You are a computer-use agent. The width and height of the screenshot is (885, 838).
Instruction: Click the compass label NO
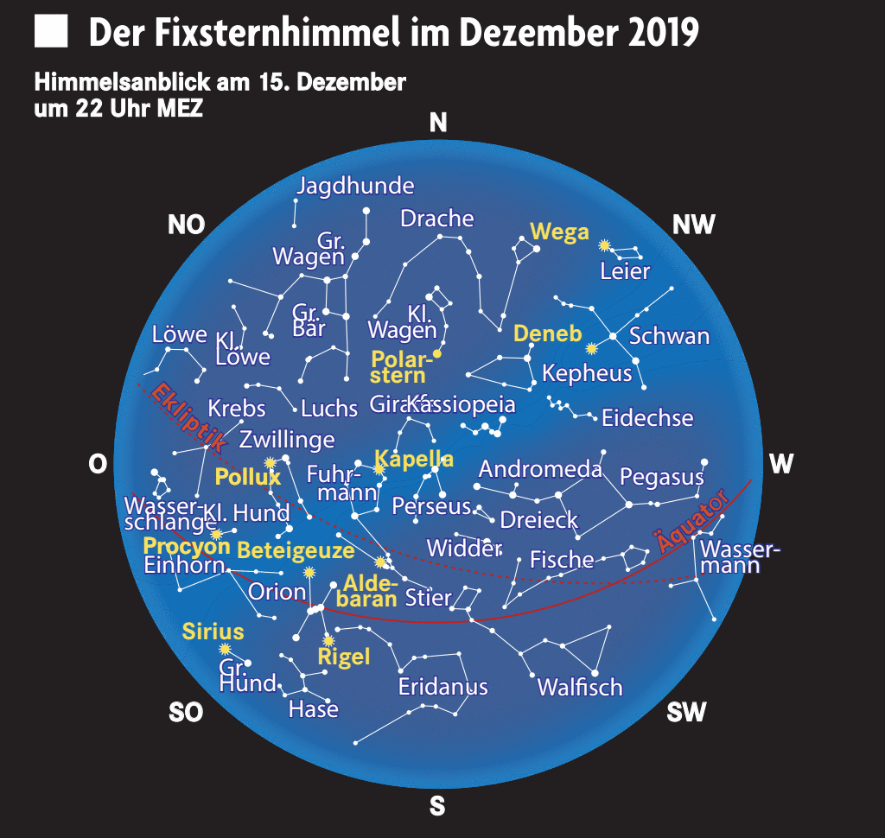click(186, 225)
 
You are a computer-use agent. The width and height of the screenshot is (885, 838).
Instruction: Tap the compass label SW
click(686, 713)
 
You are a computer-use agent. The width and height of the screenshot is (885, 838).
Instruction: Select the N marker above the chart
click(438, 124)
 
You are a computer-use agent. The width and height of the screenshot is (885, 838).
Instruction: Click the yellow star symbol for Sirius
click(225, 649)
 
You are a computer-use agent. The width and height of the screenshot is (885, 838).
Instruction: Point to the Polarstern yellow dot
click(437, 353)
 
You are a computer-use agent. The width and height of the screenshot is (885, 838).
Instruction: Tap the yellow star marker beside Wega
click(605, 245)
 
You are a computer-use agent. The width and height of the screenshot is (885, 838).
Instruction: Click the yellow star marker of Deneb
click(592, 349)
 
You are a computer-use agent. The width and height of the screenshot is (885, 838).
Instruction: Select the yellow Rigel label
click(344, 657)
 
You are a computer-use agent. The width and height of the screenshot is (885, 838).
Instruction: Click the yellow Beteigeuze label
click(296, 550)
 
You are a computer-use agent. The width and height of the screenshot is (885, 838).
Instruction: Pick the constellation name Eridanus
click(442, 687)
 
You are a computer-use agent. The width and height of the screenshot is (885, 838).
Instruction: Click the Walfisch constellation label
click(579, 688)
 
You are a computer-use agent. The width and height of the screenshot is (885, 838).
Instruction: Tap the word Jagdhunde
click(355, 186)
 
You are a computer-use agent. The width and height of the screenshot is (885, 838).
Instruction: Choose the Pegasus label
click(661, 476)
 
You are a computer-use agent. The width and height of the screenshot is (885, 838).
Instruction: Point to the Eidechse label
click(647, 418)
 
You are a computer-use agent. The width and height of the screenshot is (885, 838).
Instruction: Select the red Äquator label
click(691, 523)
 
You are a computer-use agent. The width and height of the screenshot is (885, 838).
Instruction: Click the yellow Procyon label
click(187, 546)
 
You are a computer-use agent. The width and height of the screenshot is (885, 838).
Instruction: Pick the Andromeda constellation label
click(540, 470)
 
